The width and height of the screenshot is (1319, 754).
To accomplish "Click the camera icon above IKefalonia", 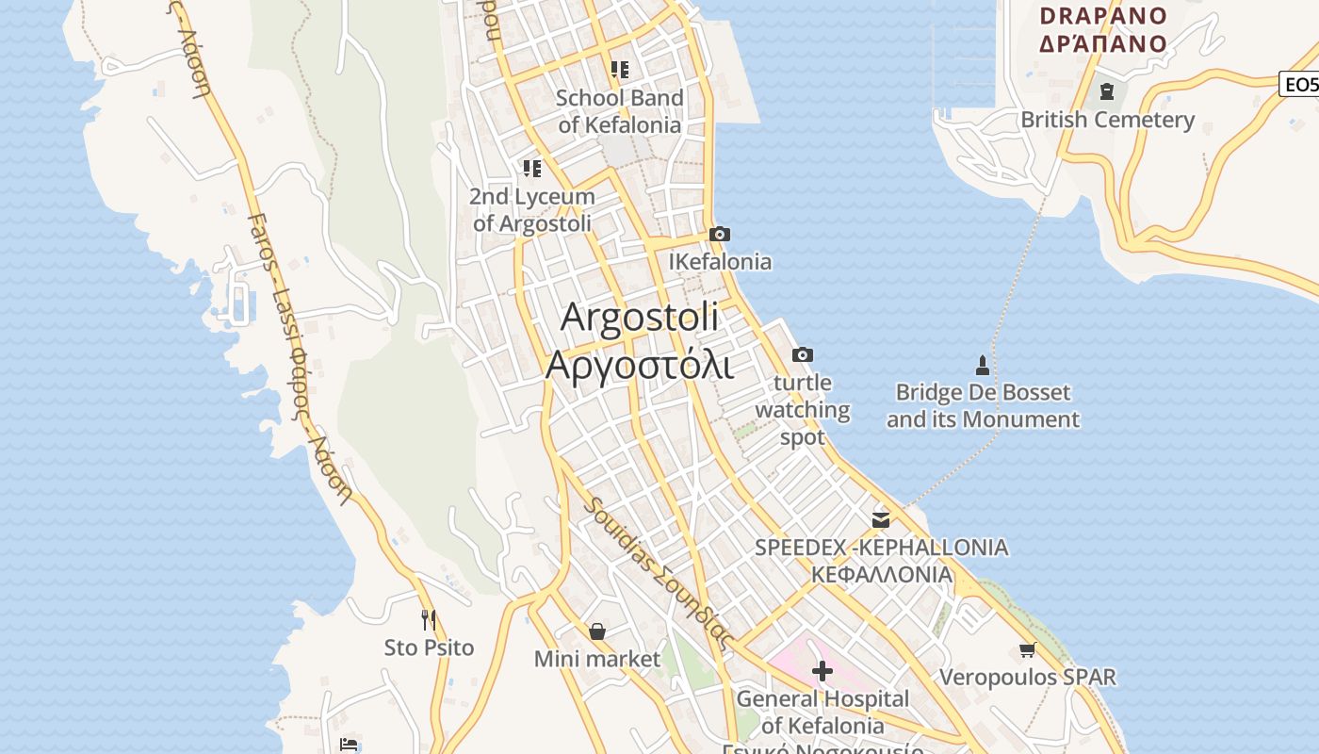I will click(x=720, y=234).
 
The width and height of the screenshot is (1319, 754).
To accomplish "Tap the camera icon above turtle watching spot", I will click(x=803, y=354).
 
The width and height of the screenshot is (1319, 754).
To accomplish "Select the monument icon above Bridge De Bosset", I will click(x=983, y=365).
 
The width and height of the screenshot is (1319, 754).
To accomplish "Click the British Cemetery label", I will click(x=1107, y=120).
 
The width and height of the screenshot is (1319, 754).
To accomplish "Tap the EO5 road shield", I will click(x=1300, y=84).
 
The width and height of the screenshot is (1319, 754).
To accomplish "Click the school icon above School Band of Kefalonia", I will click(x=619, y=69).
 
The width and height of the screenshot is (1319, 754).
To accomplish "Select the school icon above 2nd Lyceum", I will click(x=532, y=169).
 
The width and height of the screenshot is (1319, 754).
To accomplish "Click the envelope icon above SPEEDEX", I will click(x=881, y=519).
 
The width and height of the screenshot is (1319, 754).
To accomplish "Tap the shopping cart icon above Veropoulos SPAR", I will click(x=1027, y=649).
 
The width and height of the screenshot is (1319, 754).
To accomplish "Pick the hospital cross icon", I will click(x=822, y=671).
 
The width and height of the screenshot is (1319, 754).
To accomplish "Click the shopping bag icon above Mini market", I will click(x=596, y=631).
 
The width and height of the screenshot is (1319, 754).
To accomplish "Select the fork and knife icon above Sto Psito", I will click(x=429, y=619).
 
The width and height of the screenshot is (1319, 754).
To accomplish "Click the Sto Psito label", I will click(x=429, y=647).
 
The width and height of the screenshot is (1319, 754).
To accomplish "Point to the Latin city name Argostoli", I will click(x=639, y=317).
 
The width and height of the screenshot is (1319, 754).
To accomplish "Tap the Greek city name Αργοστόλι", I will click(x=639, y=364).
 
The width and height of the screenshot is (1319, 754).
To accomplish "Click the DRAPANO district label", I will click(x=1102, y=16).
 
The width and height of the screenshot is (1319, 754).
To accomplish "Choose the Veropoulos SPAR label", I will click(x=1027, y=677).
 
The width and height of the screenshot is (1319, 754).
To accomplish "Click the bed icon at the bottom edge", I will click(x=349, y=745).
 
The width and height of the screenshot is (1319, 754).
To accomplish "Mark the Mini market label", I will click(x=596, y=659).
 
